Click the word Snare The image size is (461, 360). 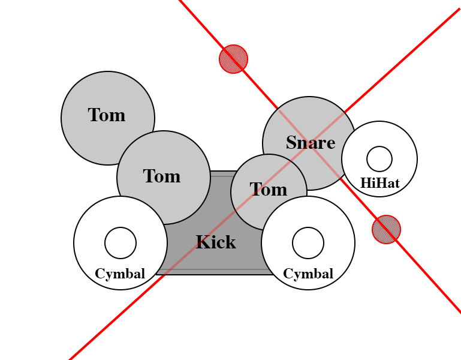pos(310,143)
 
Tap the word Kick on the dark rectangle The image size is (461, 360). pos(216,242)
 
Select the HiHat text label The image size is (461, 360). pos(379,183)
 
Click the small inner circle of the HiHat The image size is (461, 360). pos(379,159)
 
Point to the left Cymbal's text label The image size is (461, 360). pos(120,274)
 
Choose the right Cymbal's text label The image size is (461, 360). pos(308,274)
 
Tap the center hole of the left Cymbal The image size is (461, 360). pos(120,243)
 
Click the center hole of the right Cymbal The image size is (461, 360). pos(308,243)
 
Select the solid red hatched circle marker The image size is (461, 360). pos(234,59)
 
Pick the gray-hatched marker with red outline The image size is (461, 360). pos(386,229)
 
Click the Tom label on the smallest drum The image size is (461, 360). pos(268,190)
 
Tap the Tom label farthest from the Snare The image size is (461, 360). pos(107,115)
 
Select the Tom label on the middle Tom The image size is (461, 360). pos(162,176)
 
